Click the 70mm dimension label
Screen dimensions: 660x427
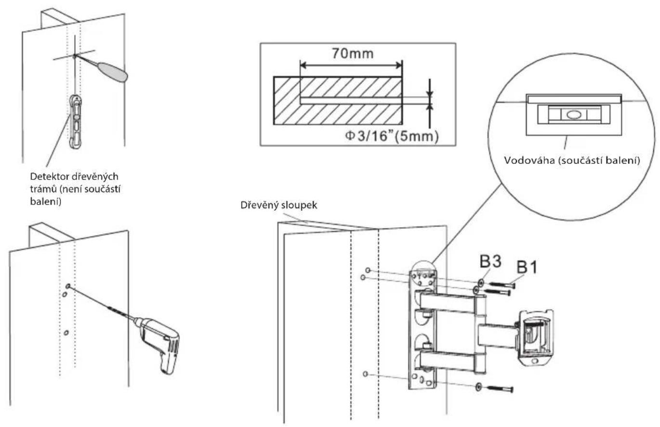[353, 53]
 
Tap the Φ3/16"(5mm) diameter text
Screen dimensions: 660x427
[392, 136]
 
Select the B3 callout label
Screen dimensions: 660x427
[490, 261]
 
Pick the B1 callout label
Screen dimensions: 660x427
[527, 267]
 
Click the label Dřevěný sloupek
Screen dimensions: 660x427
[279, 205]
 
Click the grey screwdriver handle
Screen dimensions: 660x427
[113, 72]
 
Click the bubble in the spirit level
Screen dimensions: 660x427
[573, 114]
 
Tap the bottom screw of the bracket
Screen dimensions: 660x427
[501, 389]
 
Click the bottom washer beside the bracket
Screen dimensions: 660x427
[478, 386]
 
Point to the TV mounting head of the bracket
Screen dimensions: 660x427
[536, 338]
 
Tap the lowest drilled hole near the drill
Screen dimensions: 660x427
[66, 333]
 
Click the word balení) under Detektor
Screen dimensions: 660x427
[46, 202]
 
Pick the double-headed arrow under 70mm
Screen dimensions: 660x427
[351, 65]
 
